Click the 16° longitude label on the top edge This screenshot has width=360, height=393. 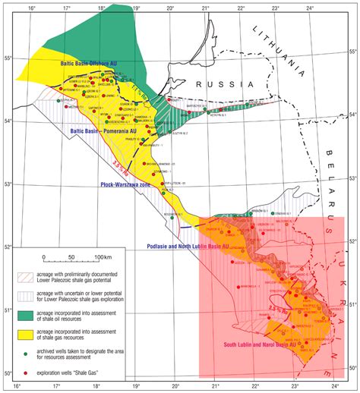coord(31,8)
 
